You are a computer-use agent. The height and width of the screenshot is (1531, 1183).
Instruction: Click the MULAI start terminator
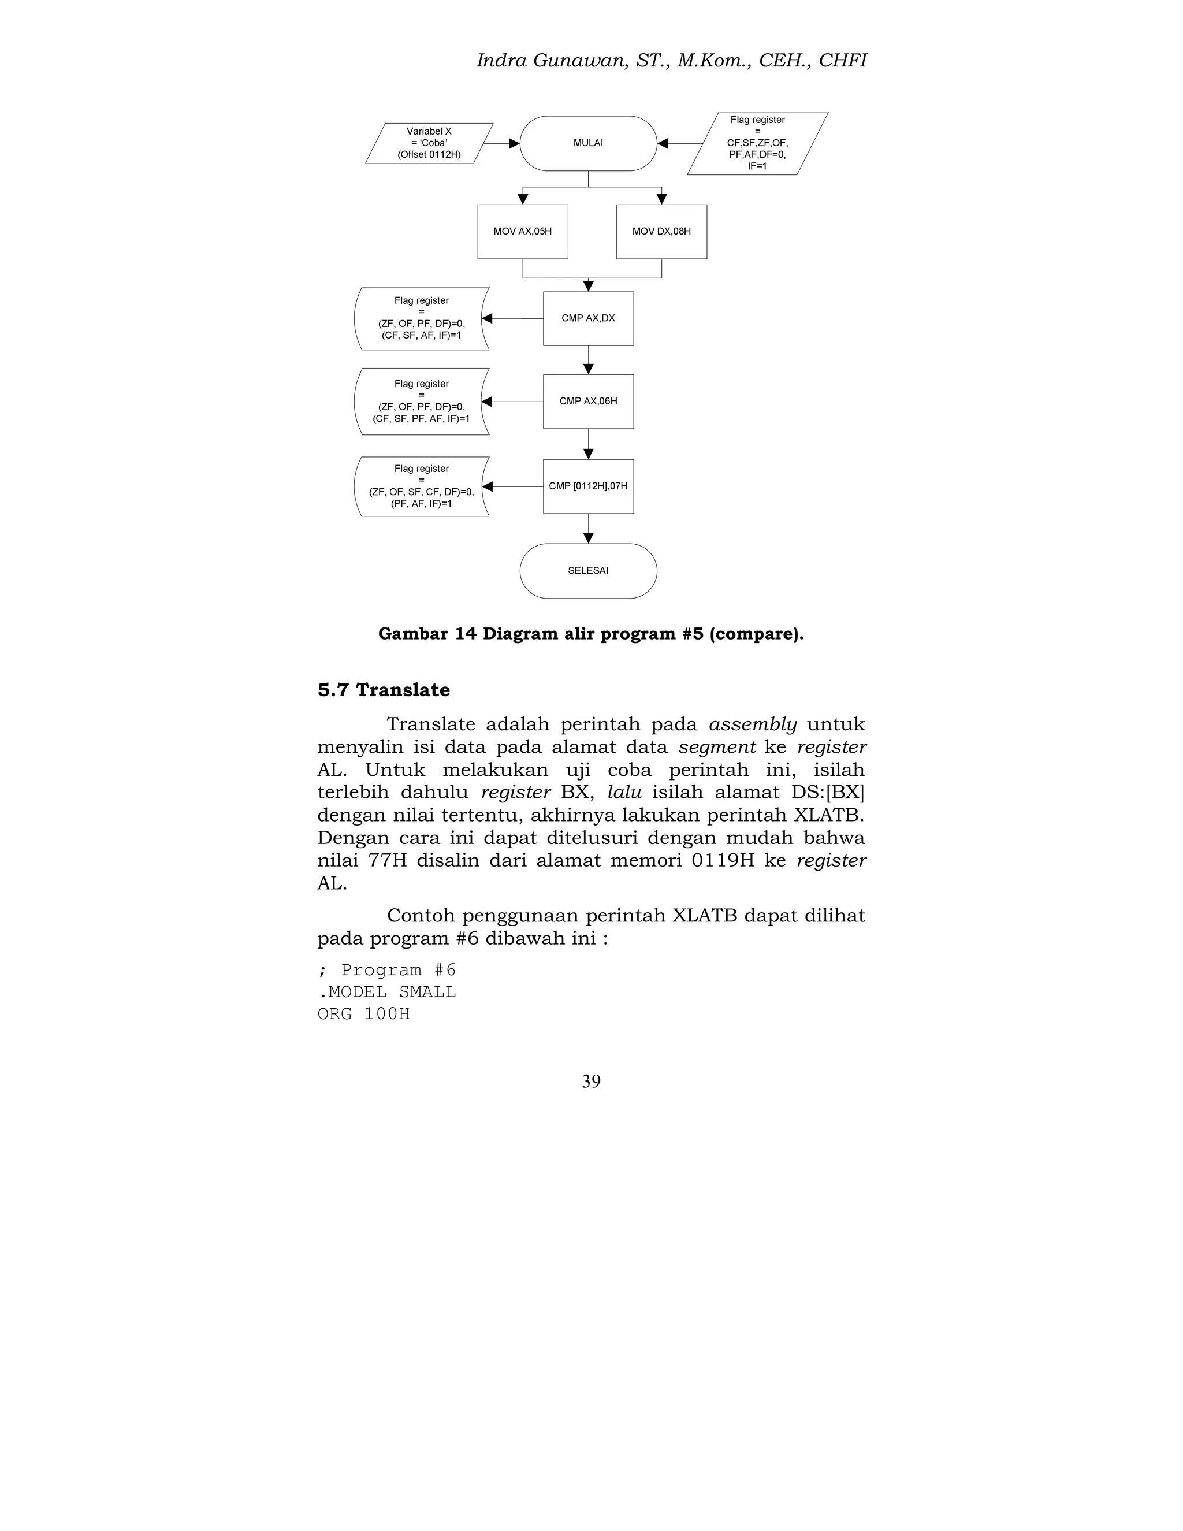point(588,143)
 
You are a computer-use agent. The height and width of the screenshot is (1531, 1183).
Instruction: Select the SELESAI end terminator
point(588,571)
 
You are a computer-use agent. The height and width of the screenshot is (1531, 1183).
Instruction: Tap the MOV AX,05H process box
point(522,231)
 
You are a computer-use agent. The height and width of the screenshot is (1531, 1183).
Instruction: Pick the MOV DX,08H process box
point(661,231)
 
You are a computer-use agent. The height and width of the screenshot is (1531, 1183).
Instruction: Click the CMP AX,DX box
point(588,318)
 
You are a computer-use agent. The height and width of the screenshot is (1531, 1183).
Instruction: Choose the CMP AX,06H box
point(588,401)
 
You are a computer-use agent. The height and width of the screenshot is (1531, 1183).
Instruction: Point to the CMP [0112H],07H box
point(588,486)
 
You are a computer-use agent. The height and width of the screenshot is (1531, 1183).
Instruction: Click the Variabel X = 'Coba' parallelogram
point(429,143)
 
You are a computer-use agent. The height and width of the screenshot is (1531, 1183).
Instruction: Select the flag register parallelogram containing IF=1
point(757,143)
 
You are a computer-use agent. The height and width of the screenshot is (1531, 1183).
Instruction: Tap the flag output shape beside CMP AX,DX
point(421,318)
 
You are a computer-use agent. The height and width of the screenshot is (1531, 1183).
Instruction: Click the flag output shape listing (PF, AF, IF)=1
point(421,486)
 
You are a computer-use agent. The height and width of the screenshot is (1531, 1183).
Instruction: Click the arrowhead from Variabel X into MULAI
point(514,143)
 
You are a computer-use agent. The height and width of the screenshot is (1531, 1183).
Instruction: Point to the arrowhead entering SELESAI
point(588,538)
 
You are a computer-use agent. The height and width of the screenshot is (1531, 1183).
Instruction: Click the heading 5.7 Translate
point(384,690)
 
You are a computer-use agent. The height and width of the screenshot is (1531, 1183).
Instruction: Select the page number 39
point(591,1081)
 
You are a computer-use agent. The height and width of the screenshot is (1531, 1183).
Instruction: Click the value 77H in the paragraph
point(388,860)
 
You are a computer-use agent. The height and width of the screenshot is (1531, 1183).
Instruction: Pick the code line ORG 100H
point(363,1014)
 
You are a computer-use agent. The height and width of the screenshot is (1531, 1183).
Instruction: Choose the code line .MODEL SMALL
point(386,992)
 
